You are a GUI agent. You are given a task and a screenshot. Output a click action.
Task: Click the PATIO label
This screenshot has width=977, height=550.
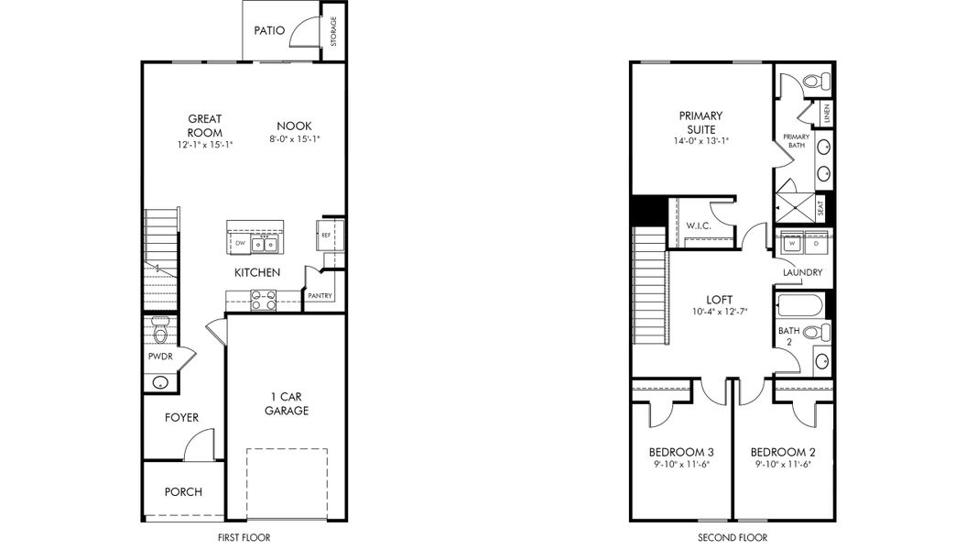coord(269,30)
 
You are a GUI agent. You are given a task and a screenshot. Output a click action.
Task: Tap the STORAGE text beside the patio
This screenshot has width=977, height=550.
coord(333,31)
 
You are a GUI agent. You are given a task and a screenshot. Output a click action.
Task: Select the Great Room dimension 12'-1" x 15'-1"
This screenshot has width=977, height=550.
coord(205,145)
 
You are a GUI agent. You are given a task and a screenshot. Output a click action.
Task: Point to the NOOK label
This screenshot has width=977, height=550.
coord(294,126)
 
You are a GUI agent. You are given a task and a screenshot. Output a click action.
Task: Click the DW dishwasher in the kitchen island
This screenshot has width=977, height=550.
coord(240,243)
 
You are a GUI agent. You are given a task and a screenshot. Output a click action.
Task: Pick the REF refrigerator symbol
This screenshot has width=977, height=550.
coord(325,235)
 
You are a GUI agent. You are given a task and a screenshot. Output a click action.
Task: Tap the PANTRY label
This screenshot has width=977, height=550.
coord(320,295)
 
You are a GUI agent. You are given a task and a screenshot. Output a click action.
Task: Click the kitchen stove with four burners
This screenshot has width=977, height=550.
coord(263,301)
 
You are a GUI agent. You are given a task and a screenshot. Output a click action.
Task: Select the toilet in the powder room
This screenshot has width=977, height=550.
coord(161,331)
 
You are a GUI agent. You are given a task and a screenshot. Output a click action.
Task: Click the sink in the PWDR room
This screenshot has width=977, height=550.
coord(161,382)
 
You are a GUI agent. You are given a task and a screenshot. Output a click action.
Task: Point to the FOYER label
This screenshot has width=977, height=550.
coord(182,418)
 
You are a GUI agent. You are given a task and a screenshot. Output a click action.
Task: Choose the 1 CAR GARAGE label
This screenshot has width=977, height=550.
coord(287,403)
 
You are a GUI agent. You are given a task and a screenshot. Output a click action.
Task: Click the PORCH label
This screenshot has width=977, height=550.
coord(183,492)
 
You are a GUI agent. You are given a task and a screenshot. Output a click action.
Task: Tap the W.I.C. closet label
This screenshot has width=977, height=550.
coord(699,225)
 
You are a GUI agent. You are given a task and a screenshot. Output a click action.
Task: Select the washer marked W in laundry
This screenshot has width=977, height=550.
coord(792,243)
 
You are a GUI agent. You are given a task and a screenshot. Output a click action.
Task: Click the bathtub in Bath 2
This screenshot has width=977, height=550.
coord(799,306)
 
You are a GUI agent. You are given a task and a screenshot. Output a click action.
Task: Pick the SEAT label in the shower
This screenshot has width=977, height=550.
coord(820,208)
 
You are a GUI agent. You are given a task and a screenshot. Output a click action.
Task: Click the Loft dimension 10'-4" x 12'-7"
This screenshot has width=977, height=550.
coord(720,312)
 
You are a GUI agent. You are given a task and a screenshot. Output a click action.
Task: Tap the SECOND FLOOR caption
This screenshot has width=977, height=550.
coord(733,537)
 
